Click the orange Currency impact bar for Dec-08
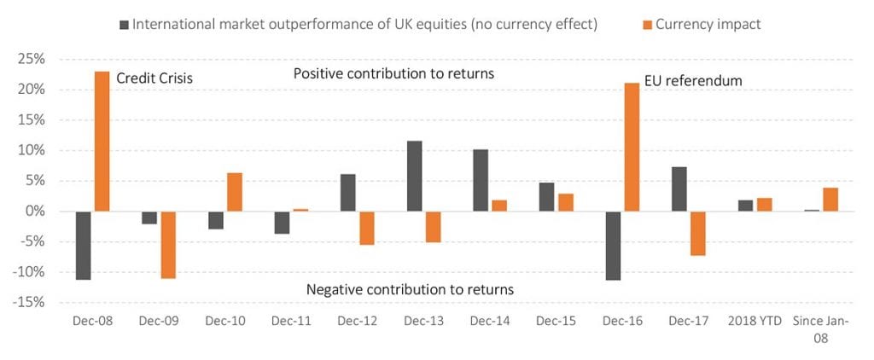(102, 141)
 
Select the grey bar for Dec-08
(82, 246)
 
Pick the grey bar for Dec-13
(415, 176)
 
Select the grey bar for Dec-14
(481, 180)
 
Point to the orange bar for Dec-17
(696, 233)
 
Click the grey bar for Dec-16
(611, 246)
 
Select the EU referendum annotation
(692, 80)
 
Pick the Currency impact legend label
(708, 24)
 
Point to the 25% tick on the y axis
(31, 60)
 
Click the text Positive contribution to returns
(393, 73)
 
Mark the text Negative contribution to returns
(410, 289)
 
